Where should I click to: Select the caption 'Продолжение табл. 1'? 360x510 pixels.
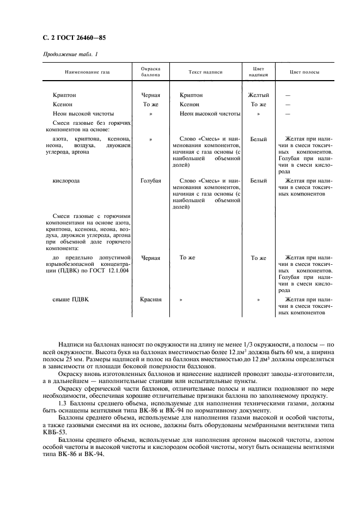tap(70, 54)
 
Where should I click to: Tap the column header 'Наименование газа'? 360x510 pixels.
tap(87, 72)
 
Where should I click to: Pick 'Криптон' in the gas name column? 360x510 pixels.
tap(65, 95)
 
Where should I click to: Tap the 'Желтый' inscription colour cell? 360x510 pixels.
tap(259, 95)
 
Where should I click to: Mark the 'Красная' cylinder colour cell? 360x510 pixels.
tap(151, 299)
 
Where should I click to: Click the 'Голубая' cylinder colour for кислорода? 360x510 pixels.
tap(151, 180)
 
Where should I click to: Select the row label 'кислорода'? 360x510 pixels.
tap(66, 180)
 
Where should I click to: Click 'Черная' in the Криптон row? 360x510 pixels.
tap(151, 95)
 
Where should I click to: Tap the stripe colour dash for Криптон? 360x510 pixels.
tap(288, 95)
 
